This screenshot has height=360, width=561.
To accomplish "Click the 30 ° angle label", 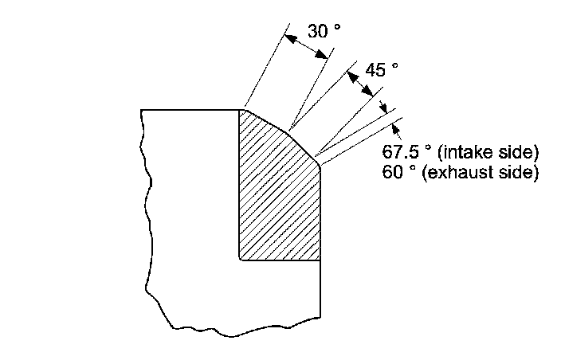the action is point(324,31).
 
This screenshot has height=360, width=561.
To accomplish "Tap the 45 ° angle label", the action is point(381,69).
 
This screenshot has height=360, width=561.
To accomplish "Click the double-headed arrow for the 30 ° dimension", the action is point(308,45).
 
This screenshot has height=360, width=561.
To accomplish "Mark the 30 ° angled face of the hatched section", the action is point(265,119).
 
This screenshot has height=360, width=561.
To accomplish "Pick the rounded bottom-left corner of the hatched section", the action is point(241,258).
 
